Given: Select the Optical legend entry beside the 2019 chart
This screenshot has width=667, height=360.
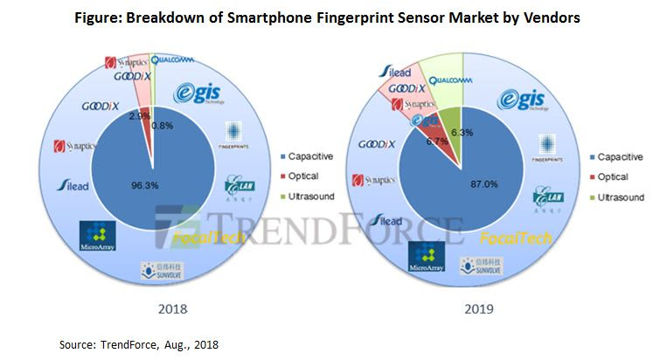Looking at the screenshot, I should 614,177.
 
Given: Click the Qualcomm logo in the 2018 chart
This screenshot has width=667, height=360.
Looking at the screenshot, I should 172,60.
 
